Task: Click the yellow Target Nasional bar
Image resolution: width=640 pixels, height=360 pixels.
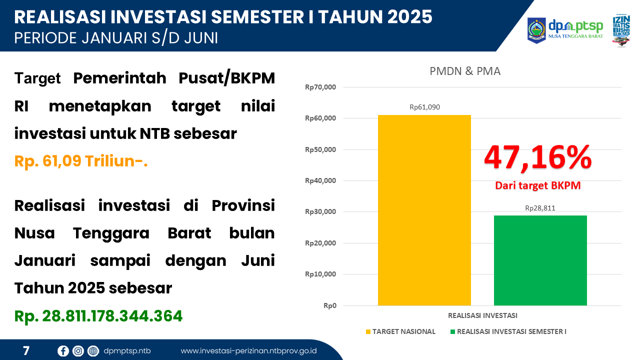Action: point(424,210)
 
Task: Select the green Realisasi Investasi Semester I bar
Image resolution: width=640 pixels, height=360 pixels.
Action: point(540,260)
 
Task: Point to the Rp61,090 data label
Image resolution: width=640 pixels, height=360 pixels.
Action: point(424,107)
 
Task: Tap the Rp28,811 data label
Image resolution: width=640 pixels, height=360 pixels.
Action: point(540,208)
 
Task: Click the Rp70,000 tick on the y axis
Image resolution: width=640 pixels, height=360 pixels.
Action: point(320,87)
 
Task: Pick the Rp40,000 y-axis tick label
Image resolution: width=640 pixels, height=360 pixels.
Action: point(320,181)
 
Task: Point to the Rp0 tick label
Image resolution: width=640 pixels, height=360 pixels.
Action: point(329,305)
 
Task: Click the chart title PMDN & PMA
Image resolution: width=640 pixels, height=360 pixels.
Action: point(465,71)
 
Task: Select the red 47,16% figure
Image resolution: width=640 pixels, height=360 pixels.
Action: point(537,157)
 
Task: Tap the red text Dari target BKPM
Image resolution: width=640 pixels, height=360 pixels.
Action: point(537,185)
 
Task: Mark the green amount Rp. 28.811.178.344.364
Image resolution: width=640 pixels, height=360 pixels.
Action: point(98,316)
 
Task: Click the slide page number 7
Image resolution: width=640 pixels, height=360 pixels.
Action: point(26,351)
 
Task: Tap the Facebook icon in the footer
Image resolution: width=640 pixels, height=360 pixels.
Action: point(63,351)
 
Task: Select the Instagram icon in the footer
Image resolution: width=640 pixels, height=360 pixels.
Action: point(78,351)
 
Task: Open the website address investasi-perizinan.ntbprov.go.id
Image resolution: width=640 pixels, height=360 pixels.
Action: point(248,351)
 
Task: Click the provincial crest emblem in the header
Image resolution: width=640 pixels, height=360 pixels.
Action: point(536,30)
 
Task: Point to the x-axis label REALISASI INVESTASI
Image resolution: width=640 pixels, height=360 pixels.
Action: point(482,315)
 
